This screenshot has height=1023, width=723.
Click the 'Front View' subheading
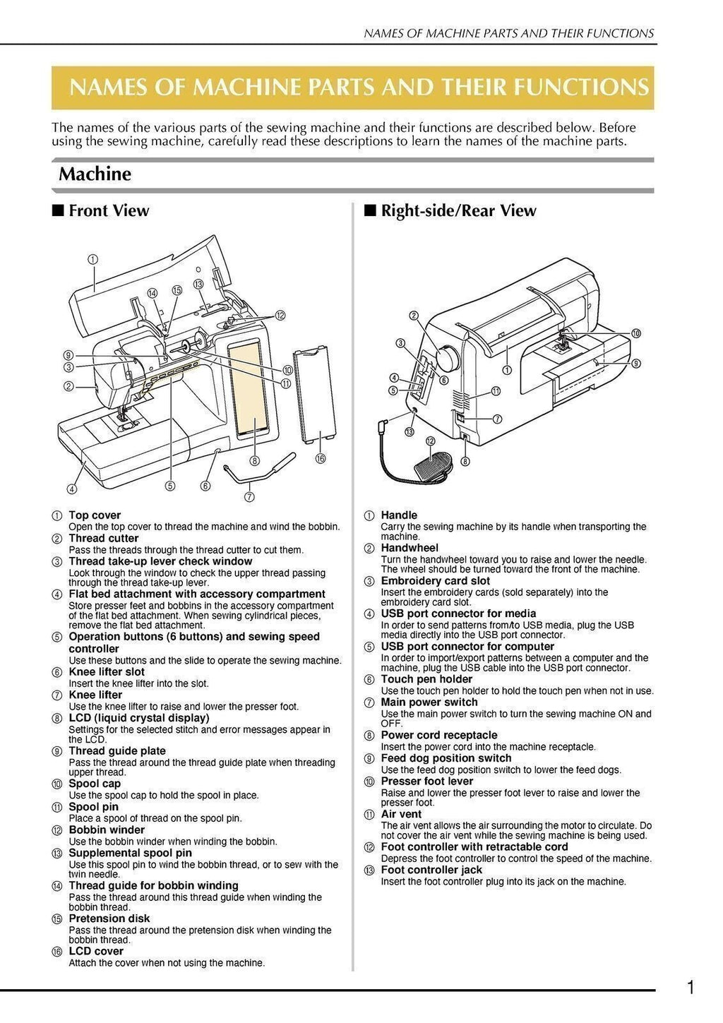pyautogui.click(x=109, y=210)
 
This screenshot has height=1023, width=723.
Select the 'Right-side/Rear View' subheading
pyautogui.click(x=458, y=210)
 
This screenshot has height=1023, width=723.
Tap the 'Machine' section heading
pyautogui.click(x=95, y=174)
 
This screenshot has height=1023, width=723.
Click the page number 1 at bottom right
pyautogui.click(x=691, y=988)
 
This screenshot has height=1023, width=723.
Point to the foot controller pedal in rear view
pyautogui.click(x=429, y=467)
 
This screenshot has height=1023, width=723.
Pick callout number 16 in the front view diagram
pyautogui.click(x=321, y=458)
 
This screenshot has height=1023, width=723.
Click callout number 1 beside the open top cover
pyautogui.click(x=93, y=258)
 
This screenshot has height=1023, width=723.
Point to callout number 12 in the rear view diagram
pyautogui.click(x=429, y=441)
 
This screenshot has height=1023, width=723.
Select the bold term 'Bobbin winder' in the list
pyautogui.click(x=107, y=830)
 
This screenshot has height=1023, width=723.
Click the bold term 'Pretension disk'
pyautogui.click(x=109, y=919)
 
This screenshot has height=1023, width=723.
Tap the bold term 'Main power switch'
pyautogui.click(x=429, y=702)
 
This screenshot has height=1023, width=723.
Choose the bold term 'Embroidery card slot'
pyautogui.click(x=435, y=580)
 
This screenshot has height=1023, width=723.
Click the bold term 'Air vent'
pyautogui.click(x=401, y=814)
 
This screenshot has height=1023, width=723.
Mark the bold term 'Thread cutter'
pyautogui.click(x=104, y=538)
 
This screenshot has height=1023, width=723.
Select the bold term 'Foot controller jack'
pyautogui.click(x=431, y=870)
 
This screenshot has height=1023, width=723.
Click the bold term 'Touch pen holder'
pyautogui.click(x=426, y=679)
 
